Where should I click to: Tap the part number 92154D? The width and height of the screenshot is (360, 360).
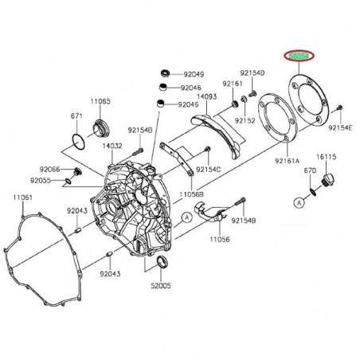(x=253, y=72)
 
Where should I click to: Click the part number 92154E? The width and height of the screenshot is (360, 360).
(x=341, y=127)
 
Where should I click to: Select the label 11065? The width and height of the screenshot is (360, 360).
(x=100, y=102)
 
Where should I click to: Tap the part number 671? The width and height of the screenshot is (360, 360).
(x=76, y=116)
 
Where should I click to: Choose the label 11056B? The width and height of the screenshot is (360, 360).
(x=192, y=194)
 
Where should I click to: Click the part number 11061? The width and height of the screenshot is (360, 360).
(x=23, y=197)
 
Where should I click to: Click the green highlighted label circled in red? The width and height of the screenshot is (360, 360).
(x=300, y=56)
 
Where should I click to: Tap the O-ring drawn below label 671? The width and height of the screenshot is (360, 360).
(x=76, y=140)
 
